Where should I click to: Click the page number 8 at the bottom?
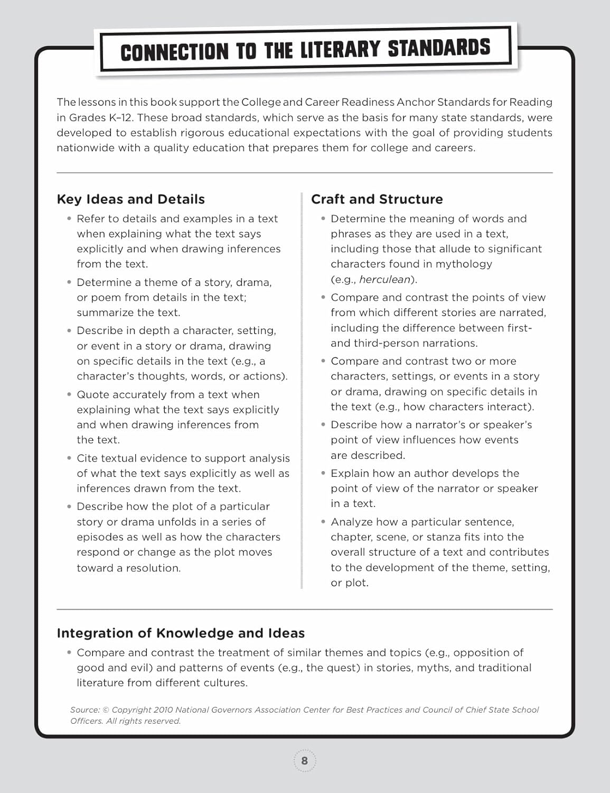(x=304, y=761)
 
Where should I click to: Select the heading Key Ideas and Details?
(x=130, y=199)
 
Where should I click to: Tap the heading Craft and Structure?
(x=377, y=199)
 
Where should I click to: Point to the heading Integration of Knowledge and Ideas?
(x=181, y=633)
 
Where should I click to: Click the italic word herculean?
(x=384, y=279)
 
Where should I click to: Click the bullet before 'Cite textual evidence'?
(x=69, y=458)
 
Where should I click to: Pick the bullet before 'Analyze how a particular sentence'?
(x=323, y=522)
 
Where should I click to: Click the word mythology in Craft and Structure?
(x=468, y=264)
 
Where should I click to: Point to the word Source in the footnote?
(x=85, y=710)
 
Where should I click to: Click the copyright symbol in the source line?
(x=106, y=710)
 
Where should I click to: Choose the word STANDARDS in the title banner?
(x=439, y=48)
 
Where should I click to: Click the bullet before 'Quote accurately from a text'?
(x=69, y=395)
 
